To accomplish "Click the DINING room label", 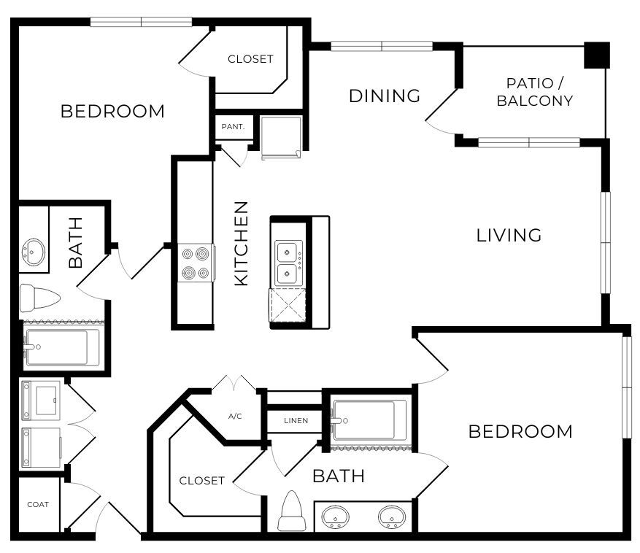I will pos(385,96).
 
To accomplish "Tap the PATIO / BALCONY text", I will pos(534,92).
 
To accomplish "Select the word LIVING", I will pos(509,235).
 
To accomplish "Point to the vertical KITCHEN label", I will pos(241,243).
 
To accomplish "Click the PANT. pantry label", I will pos(233,127).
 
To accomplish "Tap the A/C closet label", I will pos(235,417).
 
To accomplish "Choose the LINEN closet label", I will pos(296,421).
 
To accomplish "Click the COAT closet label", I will pos(38,504).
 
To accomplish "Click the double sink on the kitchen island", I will pos(288,263).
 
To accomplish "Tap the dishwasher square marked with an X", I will pos(287,306).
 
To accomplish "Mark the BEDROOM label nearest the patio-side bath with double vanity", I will pos(520,431).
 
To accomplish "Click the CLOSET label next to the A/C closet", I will pos(202,480).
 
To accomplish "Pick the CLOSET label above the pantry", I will pos(250,59).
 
